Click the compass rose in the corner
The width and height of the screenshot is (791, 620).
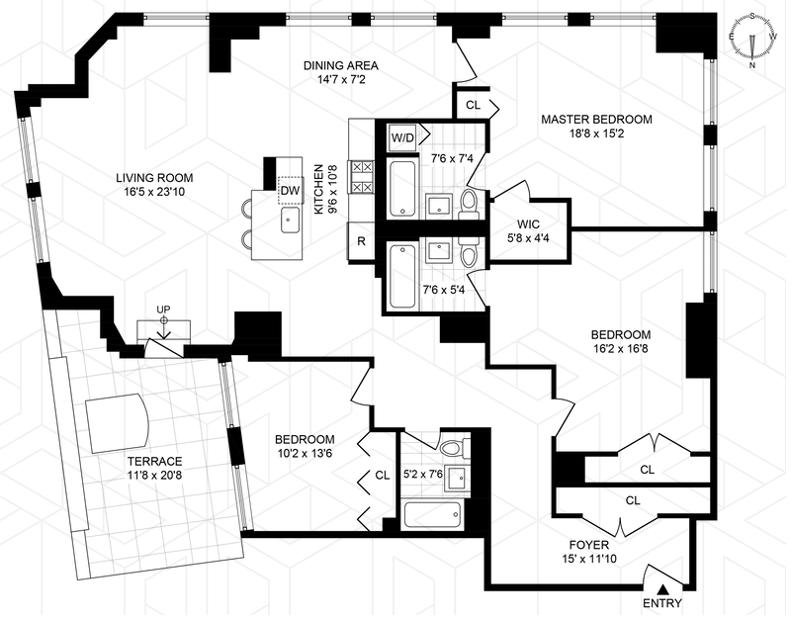click(x=752, y=42)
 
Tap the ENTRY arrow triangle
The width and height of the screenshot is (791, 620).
click(x=663, y=588)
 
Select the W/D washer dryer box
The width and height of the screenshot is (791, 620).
click(x=402, y=137)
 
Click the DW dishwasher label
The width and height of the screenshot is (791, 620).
click(x=290, y=191)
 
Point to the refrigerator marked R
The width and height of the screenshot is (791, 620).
click(x=361, y=241)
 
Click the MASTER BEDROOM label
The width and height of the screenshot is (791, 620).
click(x=596, y=120)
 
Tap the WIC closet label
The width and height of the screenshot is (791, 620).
click(x=528, y=224)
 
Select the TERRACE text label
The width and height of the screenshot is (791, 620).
click(x=154, y=461)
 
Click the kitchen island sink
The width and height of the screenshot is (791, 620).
click(x=290, y=220)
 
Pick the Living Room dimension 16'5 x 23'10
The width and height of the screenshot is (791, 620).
click(x=154, y=192)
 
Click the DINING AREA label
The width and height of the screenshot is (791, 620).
click(x=341, y=65)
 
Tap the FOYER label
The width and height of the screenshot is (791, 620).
click(x=588, y=545)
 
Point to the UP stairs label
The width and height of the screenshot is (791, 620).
click(x=163, y=310)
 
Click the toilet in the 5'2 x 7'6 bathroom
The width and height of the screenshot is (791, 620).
click(x=454, y=448)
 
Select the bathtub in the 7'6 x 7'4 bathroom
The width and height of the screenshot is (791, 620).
click(x=402, y=188)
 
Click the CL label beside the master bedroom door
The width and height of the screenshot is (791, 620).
click(x=474, y=105)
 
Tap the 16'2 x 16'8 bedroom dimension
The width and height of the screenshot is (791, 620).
click(x=621, y=349)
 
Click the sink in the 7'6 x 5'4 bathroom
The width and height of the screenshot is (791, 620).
click(x=438, y=252)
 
